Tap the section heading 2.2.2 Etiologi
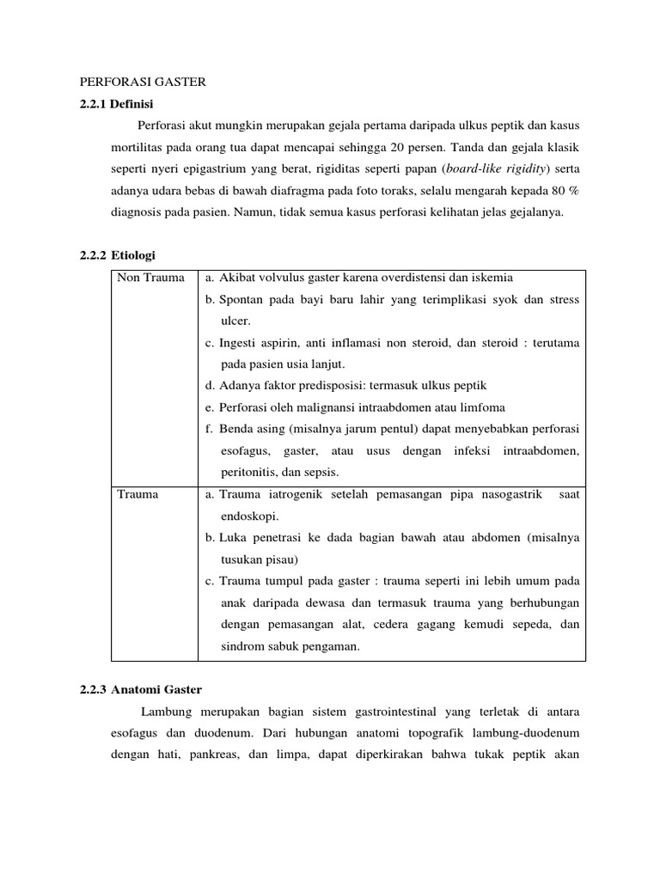113,255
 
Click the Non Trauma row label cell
150,278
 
